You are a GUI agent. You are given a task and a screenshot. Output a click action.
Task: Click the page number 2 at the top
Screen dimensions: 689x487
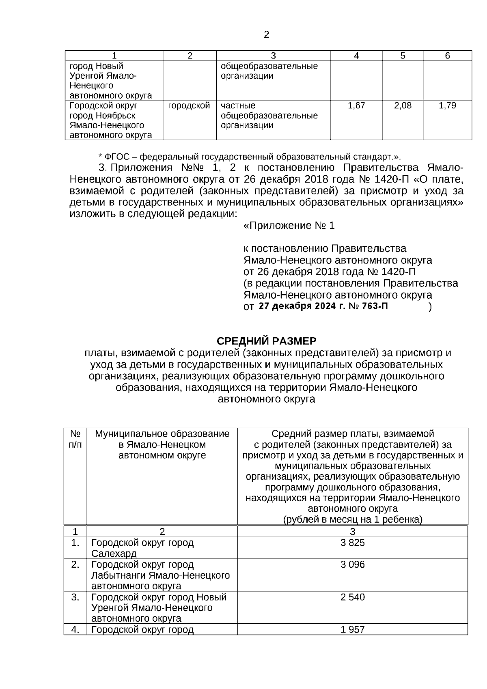[266, 35]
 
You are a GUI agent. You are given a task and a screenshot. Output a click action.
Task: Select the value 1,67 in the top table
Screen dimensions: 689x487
[356, 106]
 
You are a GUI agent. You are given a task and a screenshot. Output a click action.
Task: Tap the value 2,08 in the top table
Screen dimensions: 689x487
[403, 106]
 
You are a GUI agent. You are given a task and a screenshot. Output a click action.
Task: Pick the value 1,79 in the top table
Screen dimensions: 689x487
[447, 106]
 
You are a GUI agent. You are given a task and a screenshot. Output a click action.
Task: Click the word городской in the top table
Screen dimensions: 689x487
[189, 106]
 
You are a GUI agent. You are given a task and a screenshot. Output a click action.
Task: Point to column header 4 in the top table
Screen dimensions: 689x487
[356, 56]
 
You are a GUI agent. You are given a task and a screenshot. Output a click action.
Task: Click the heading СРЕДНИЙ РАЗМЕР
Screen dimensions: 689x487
[266, 340]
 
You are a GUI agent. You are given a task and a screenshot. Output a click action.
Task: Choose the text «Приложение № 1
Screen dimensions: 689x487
[289, 226]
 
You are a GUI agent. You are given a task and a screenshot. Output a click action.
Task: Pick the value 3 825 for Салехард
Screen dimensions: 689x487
[352, 543]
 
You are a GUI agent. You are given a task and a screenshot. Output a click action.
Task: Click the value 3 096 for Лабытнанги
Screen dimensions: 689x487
[352, 564]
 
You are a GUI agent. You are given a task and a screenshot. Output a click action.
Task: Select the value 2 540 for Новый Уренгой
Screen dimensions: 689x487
[352, 597]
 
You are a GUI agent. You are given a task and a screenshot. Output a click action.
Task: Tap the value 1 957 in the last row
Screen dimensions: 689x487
[352, 629]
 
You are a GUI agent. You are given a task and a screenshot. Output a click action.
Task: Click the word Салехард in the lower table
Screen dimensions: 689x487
[114, 553]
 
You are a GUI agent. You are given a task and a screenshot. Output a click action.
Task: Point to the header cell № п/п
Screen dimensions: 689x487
[75, 439]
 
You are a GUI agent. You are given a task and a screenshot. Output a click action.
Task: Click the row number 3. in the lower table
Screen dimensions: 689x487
[75, 597]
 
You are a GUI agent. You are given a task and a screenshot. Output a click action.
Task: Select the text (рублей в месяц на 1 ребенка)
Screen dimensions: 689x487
[352, 519]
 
